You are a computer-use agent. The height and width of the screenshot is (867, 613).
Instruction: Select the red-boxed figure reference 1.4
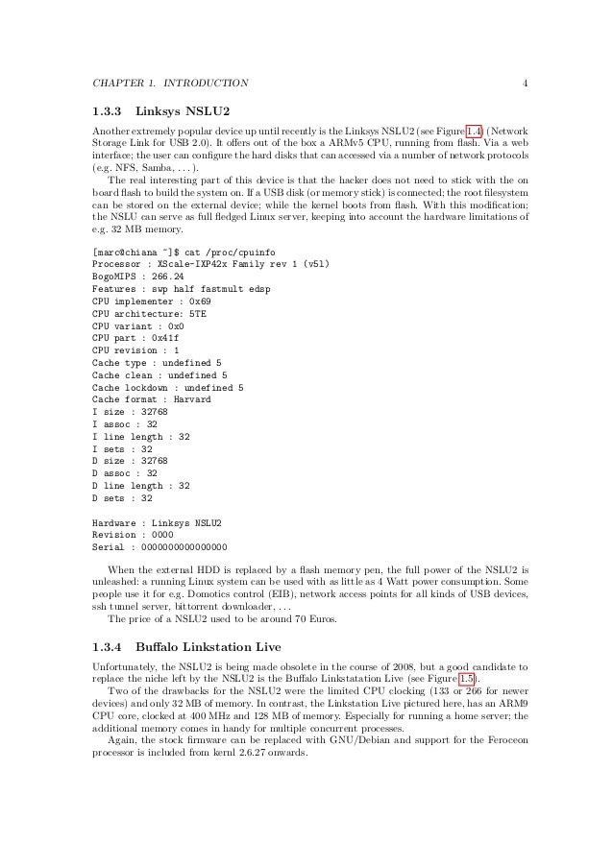tap(475, 128)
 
